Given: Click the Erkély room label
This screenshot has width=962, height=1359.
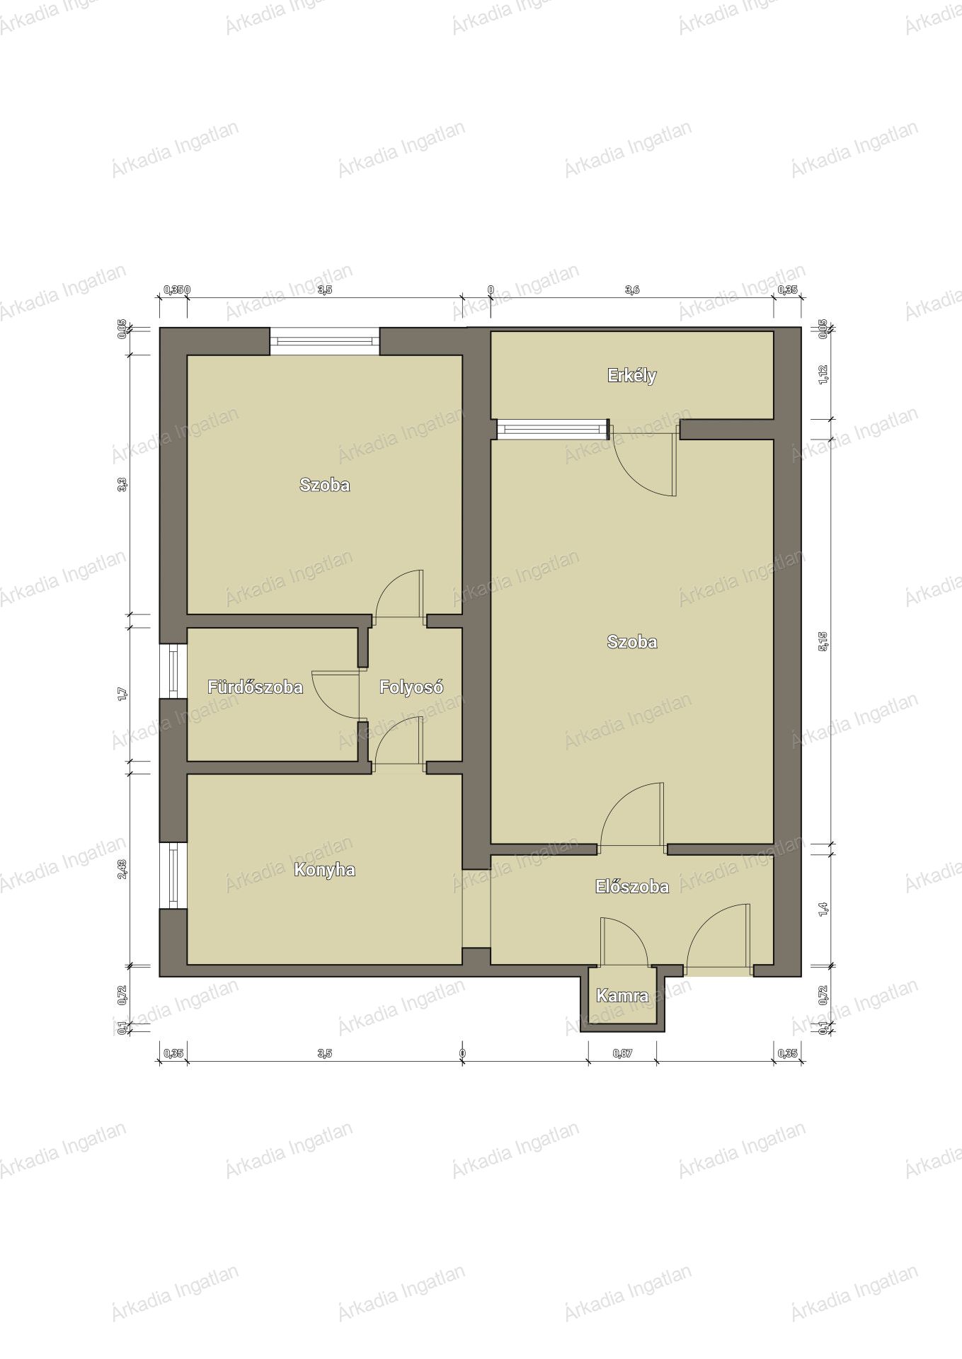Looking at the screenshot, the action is [x=631, y=376].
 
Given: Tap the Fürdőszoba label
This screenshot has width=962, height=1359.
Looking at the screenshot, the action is [x=255, y=687].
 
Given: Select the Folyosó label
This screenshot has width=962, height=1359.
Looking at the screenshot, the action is [x=411, y=687].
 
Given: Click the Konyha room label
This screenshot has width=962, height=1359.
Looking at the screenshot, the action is [x=324, y=870].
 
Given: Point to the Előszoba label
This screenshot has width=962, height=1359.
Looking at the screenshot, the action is [x=631, y=886].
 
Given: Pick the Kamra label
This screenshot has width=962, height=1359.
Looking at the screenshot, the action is [x=622, y=996].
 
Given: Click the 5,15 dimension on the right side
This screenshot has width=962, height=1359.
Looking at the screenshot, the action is [x=823, y=641].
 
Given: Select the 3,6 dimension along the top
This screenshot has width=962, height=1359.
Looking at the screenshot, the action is [x=632, y=289].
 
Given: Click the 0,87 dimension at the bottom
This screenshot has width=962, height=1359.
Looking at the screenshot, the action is [x=622, y=1053].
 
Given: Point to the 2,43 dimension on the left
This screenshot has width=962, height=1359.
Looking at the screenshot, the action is [x=122, y=868].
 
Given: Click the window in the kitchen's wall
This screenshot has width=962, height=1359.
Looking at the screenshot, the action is [x=173, y=876].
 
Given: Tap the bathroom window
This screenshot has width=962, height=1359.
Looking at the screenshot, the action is [x=173, y=671].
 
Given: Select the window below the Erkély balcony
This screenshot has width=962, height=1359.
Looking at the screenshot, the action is [x=553, y=429].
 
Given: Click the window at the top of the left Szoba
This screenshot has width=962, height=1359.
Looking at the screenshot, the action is [x=325, y=341].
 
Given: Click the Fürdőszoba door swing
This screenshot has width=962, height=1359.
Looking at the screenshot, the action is [x=336, y=695].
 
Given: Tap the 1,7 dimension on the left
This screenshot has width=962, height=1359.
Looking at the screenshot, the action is [x=122, y=694].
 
